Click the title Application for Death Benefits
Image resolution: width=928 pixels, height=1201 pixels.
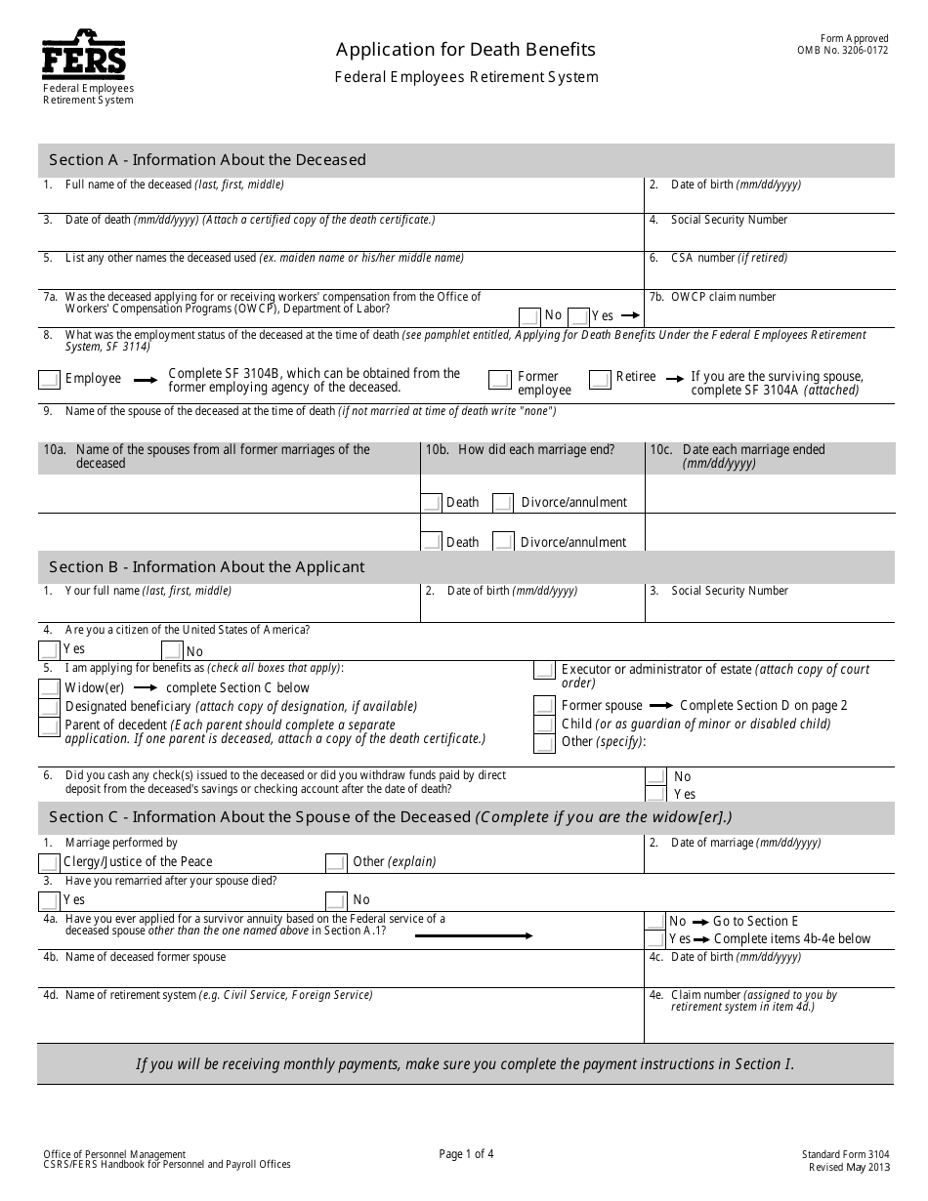tap(466, 49)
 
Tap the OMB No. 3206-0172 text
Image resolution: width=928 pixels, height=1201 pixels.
tap(842, 51)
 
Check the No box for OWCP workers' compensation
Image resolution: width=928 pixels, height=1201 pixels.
tap(529, 316)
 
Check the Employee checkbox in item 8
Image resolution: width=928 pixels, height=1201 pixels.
tap(49, 379)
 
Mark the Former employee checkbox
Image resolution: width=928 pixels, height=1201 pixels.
tap(500, 379)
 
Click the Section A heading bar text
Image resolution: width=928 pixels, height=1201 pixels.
tap(207, 160)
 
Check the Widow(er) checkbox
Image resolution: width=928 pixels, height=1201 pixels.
tap(49, 687)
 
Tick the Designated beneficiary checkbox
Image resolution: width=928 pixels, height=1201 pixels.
tap(49, 707)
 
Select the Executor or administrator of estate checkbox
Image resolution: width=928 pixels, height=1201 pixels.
tap(545, 670)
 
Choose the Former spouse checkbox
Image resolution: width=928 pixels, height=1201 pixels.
tap(545, 705)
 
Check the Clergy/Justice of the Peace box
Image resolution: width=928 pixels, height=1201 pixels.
tap(49, 862)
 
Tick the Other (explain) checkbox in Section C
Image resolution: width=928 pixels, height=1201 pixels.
tap(336, 862)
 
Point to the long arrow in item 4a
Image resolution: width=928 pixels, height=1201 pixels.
tap(474, 935)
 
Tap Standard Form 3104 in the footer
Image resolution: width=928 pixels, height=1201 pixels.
tap(845, 1154)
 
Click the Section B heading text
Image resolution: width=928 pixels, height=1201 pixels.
tap(207, 566)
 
